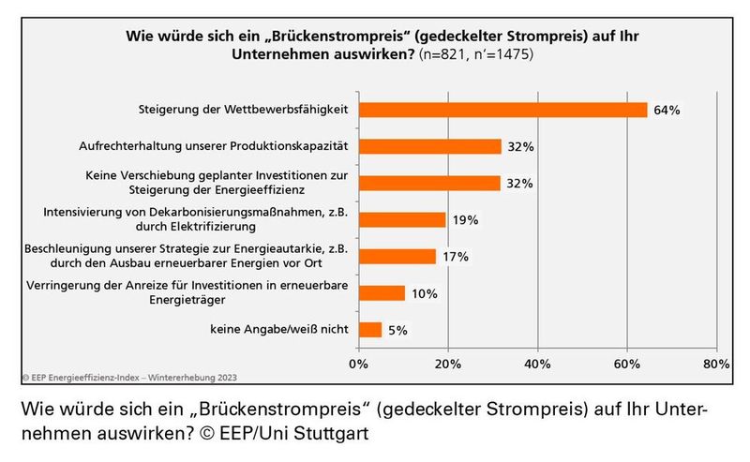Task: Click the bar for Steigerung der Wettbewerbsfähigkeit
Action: pos(502,110)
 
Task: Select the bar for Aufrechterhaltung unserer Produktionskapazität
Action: pos(430,146)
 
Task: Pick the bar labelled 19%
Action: pos(402,219)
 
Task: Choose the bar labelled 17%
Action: pos(397,256)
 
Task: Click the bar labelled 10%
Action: pos(382,292)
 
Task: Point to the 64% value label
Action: pos(667,110)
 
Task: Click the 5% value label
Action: pos(399,329)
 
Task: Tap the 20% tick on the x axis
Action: pos(448,364)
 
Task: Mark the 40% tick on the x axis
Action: pos(537,364)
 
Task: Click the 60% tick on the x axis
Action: pos(626,364)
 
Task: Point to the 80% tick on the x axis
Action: pos(715,364)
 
